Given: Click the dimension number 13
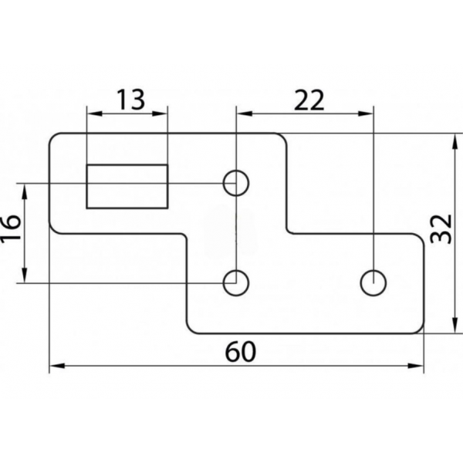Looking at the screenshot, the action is pos(131,100).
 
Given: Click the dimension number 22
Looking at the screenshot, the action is pos(309,100).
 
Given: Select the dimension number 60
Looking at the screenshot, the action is pos(240,352).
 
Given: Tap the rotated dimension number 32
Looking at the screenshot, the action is pos(441,229).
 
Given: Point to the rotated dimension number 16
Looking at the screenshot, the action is pos(11,227).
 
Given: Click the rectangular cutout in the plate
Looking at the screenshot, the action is pos(127,187).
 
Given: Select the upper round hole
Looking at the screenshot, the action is pos(236,183).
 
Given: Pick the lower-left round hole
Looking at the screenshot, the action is pos(236,283).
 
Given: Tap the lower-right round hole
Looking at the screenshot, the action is pos(373,283).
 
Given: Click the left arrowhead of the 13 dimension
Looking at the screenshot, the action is pos(95,113).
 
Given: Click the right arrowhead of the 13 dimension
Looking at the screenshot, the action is pos(160,113).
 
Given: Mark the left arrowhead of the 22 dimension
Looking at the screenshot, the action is pos(245,113).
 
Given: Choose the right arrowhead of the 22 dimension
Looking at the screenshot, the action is pos(365,113).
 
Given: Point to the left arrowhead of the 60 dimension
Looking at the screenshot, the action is pos(57,366).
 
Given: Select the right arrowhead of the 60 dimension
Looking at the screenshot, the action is pos(415,366).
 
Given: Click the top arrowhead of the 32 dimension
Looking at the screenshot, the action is pos(454,141).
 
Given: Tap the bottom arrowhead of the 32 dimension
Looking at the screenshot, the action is pos(454,326).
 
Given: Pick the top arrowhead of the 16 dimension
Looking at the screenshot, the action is pos(25,191).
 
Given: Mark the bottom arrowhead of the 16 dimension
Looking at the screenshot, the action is pos(25,275).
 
